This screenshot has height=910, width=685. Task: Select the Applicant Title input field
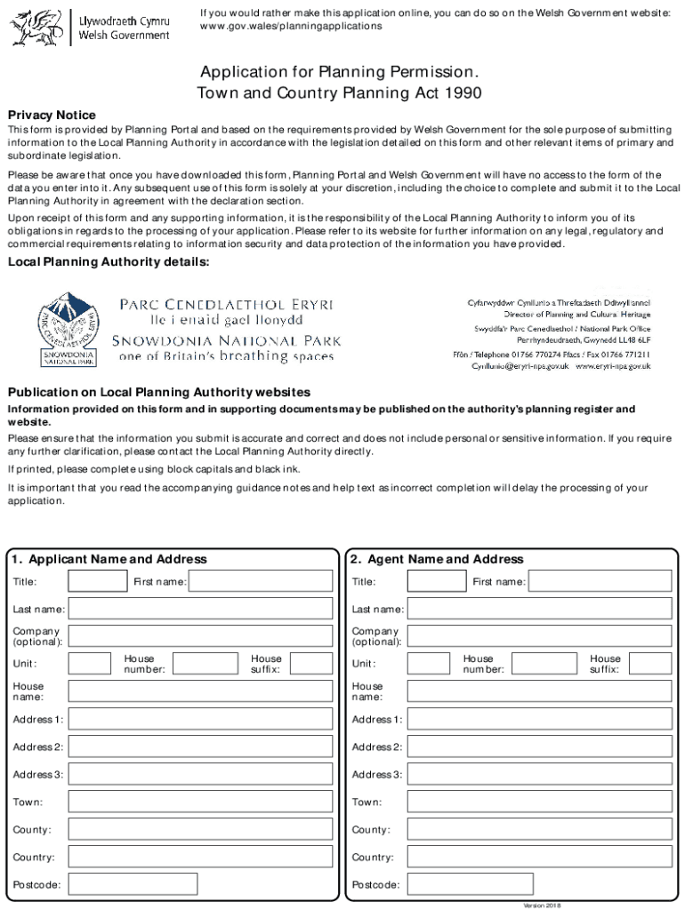[98, 581]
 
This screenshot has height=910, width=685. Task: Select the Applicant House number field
[205, 664]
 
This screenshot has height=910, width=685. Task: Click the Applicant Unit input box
[89, 664]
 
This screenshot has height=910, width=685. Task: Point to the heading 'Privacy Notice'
[52, 116]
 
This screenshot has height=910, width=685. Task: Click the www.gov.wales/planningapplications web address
[291, 27]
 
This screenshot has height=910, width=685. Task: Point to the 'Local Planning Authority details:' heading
[109, 261]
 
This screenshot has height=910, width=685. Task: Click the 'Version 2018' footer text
[542, 905]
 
